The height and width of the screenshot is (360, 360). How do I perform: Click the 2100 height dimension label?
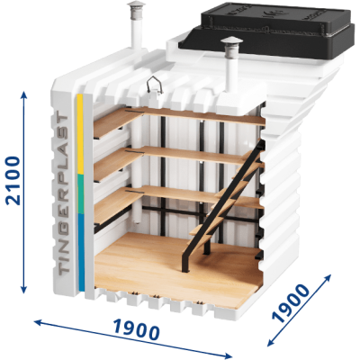(13, 181)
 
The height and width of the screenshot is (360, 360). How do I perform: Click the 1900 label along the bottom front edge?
(137, 330)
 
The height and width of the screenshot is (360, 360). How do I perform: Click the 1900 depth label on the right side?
(290, 303)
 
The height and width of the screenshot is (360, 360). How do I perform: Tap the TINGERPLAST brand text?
(62, 194)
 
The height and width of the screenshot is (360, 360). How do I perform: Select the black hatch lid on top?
(265, 29)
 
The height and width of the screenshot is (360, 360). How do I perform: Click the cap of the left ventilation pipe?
(136, 6)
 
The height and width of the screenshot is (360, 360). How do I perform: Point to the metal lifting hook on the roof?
(155, 85)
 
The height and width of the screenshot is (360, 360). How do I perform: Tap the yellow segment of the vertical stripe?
(80, 134)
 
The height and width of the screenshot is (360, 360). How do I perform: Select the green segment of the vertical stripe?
(81, 194)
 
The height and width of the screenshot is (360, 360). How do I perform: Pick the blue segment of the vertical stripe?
(81, 252)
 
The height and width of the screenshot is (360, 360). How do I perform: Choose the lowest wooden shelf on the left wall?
(118, 204)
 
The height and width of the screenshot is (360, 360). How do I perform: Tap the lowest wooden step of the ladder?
(202, 240)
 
